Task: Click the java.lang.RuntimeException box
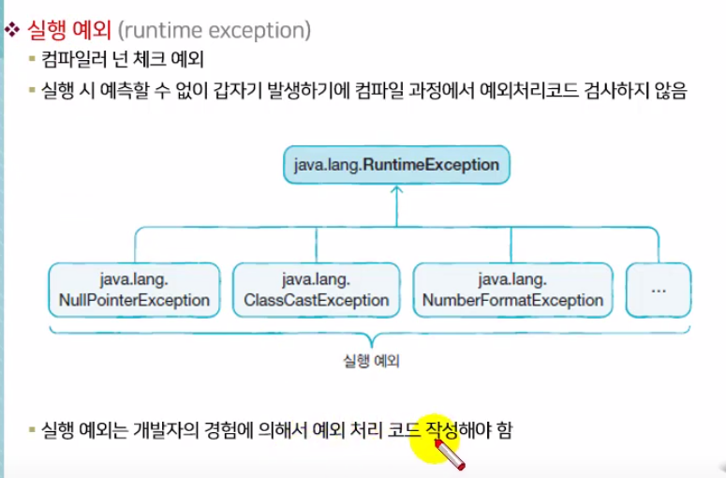(396, 165)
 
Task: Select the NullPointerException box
(134, 290)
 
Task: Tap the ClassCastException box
(316, 290)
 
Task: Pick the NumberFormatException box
(512, 290)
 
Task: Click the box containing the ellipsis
(658, 290)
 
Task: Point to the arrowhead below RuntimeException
(396, 190)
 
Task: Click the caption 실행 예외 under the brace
(372, 359)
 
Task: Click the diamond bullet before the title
(12, 30)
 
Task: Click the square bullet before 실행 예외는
(32, 431)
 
